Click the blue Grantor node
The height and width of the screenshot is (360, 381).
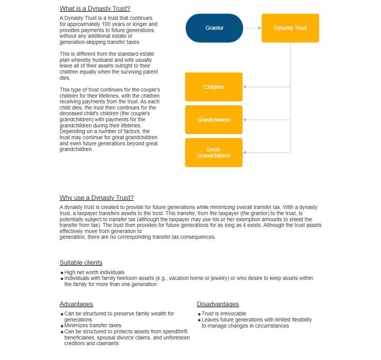tap(214, 28)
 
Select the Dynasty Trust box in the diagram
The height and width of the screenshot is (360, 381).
tap(290, 28)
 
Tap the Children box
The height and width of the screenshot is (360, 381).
tap(214, 87)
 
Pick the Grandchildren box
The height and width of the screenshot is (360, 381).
tap(214, 120)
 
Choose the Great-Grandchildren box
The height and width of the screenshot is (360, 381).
tap(214, 153)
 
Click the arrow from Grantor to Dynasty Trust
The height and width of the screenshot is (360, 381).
tap(252, 28)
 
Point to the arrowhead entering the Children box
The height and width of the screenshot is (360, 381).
tap(245, 87)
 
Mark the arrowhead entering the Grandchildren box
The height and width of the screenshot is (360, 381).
tap(245, 120)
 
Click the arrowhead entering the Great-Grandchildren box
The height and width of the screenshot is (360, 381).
tap(245, 153)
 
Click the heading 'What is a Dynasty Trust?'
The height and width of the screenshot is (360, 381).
tap(95, 9)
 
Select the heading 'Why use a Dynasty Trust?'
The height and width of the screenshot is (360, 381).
tap(96, 198)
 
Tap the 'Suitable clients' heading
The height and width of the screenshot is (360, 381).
tap(81, 262)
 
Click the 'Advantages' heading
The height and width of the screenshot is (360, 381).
tap(76, 304)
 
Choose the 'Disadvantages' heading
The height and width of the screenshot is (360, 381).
tap(218, 304)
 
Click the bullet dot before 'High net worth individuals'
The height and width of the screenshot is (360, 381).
tap(62, 273)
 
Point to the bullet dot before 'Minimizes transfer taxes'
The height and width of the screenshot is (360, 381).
tap(62, 326)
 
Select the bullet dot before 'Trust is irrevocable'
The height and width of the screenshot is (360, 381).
tap(199, 314)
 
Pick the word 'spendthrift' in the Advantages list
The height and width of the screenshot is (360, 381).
tap(177, 332)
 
